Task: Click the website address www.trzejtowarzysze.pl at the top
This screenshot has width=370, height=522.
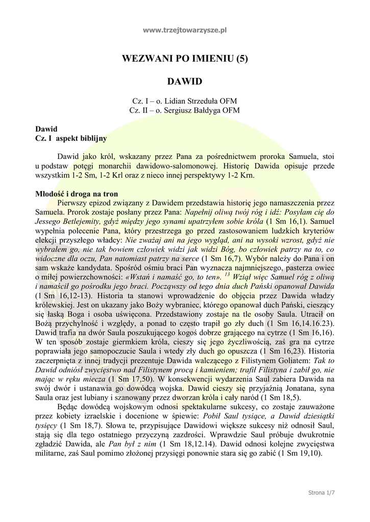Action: coord(185,31)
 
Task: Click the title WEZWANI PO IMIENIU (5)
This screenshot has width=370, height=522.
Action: coord(185,59)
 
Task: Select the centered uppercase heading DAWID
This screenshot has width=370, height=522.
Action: coord(185,82)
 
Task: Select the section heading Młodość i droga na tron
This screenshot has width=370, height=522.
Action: coord(77,194)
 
